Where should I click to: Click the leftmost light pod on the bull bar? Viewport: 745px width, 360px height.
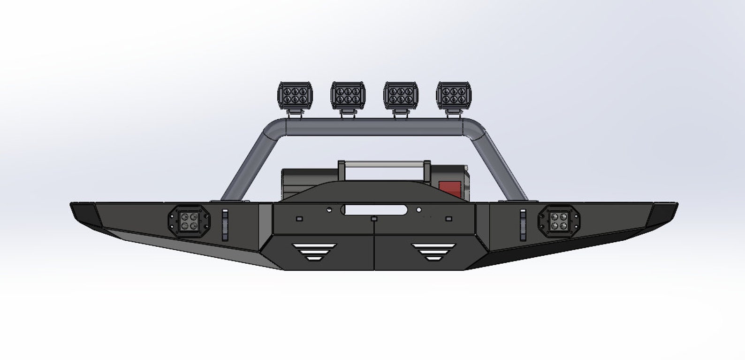[x=296, y=95]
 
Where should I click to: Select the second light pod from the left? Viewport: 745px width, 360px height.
[x=348, y=95]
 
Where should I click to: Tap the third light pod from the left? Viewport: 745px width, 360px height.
[x=401, y=95]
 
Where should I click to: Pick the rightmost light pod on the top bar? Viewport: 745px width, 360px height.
[x=454, y=95]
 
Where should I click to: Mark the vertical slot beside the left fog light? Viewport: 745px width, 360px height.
[x=225, y=224]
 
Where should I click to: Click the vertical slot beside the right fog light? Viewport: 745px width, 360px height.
[x=522, y=225]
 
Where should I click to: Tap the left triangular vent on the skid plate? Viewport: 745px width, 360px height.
[x=314, y=252]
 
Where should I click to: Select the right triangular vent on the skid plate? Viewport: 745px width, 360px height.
[x=433, y=252]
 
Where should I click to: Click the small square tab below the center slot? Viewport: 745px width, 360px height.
[x=373, y=219]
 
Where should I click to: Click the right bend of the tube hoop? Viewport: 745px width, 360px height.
[x=474, y=130]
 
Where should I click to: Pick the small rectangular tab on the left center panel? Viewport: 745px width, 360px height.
[x=299, y=219]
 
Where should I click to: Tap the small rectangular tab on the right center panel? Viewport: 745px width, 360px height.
[x=449, y=219]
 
